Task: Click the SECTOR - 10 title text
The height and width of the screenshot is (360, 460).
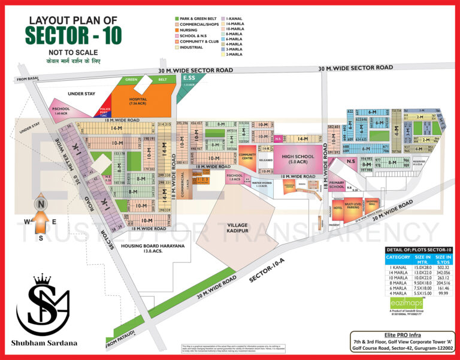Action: (x=74, y=35)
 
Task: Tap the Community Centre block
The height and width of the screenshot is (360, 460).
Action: (x=247, y=158)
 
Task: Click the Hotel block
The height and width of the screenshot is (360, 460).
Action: (x=339, y=207)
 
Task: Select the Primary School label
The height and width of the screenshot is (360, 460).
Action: (x=337, y=185)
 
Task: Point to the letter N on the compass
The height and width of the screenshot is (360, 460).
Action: (x=41, y=203)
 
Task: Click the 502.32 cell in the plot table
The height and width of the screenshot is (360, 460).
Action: (x=443, y=268)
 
